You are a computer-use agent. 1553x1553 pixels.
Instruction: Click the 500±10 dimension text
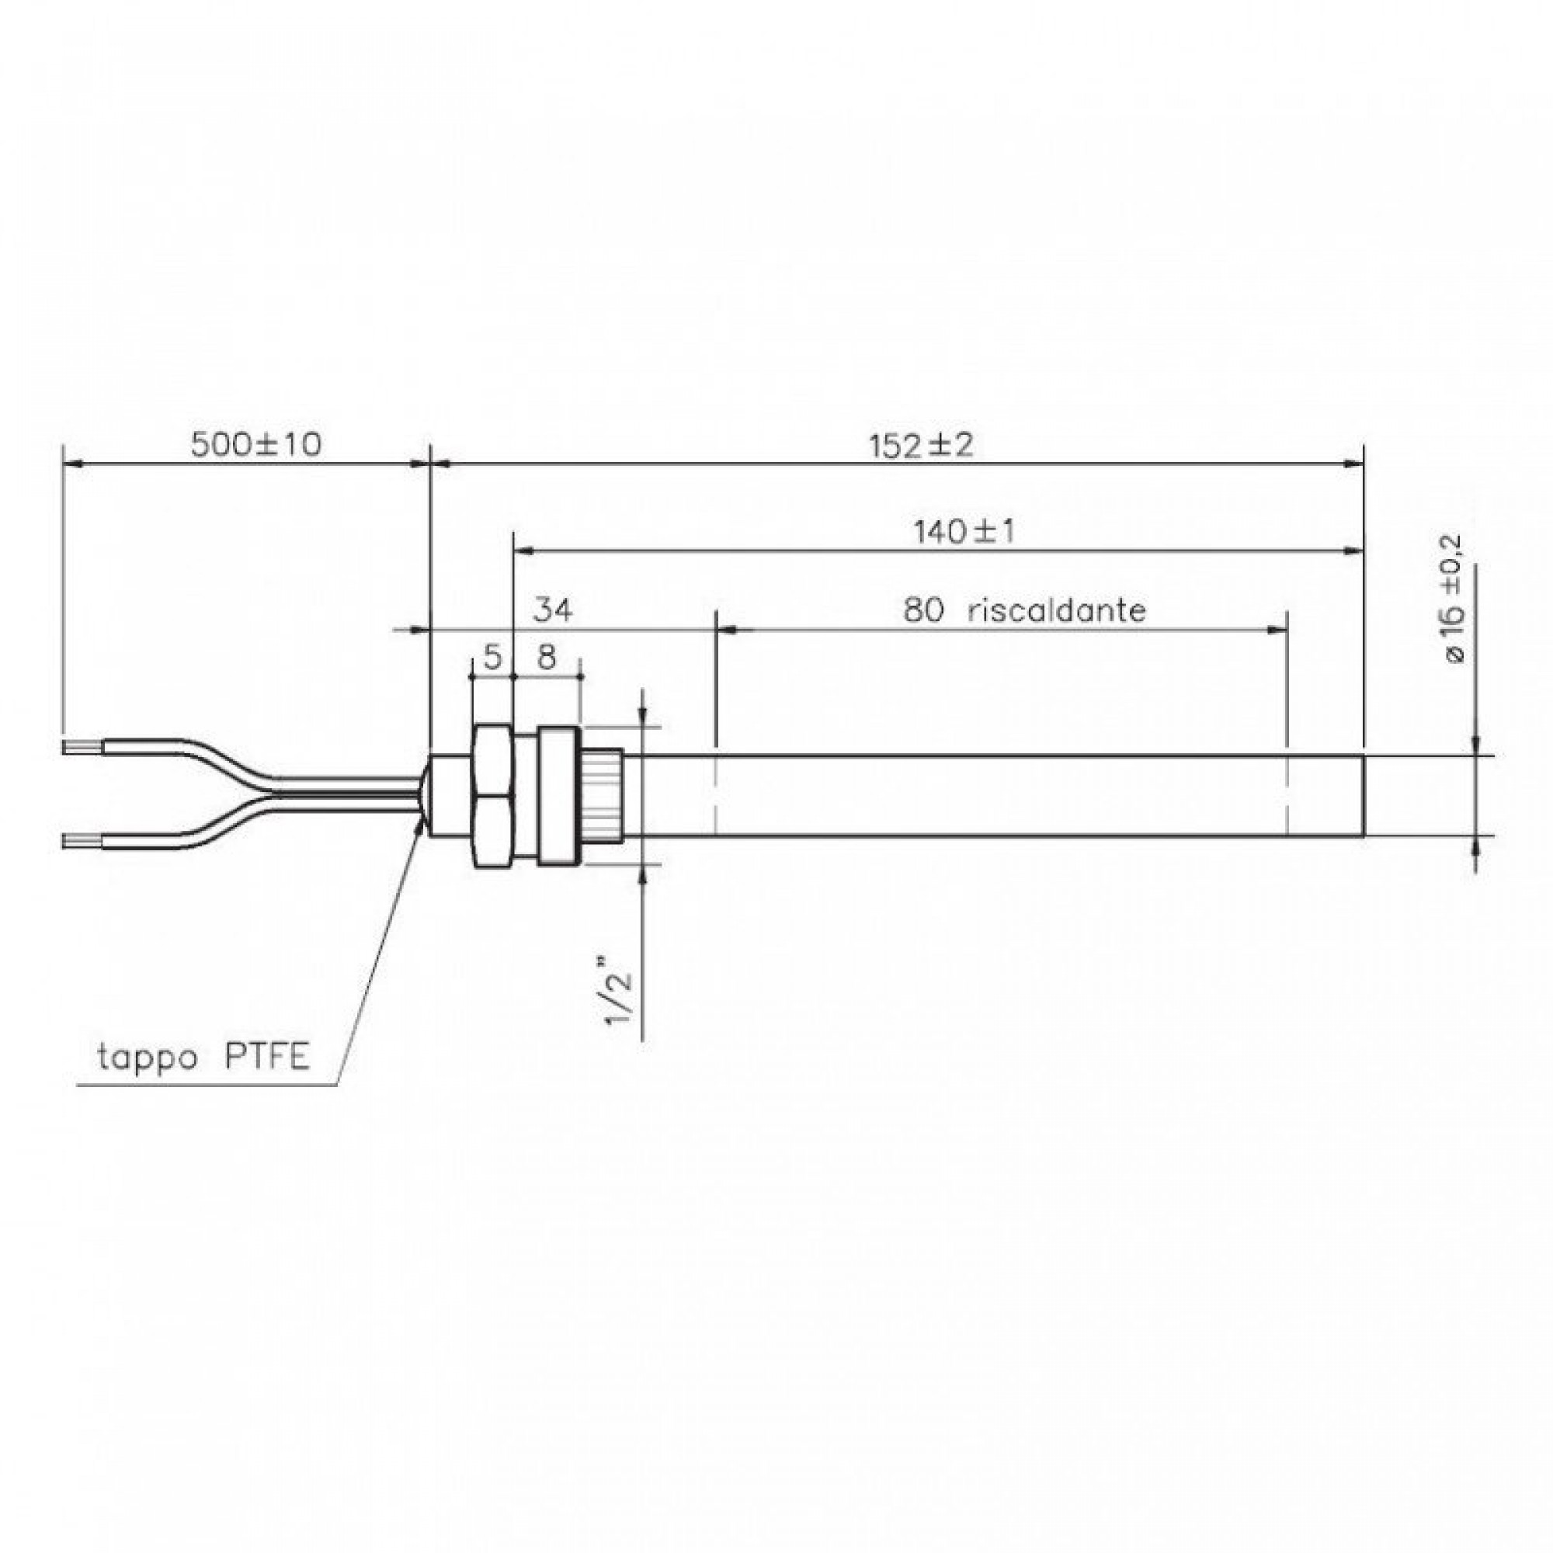pos(255,443)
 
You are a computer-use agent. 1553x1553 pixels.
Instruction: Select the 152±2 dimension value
pos(920,444)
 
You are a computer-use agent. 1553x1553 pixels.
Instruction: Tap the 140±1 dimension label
pos(964,531)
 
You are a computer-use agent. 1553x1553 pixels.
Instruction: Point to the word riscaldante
pos(1056,611)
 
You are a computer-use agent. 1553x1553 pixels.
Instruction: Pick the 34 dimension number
pos(554,611)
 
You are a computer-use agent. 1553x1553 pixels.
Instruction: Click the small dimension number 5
pos(492,658)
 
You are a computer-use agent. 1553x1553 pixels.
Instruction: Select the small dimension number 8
pos(546,658)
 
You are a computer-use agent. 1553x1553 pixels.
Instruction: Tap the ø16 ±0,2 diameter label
pos(1454,599)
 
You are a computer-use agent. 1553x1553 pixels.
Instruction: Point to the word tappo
pos(147,1058)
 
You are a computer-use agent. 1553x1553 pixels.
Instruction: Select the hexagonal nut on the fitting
pos(492,796)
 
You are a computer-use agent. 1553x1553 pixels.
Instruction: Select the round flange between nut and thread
pos(557,796)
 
